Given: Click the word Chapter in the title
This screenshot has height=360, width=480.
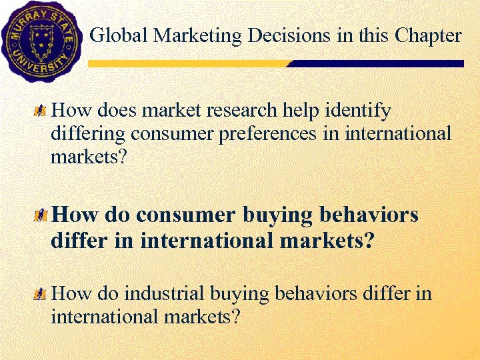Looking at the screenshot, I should (x=429, y=36).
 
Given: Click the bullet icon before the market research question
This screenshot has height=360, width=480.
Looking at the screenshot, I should (x=41, y=109).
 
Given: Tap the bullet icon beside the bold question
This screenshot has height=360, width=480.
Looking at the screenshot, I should (x=41, y=215).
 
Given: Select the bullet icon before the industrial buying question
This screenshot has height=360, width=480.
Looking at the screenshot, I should (x=41, y=293).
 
